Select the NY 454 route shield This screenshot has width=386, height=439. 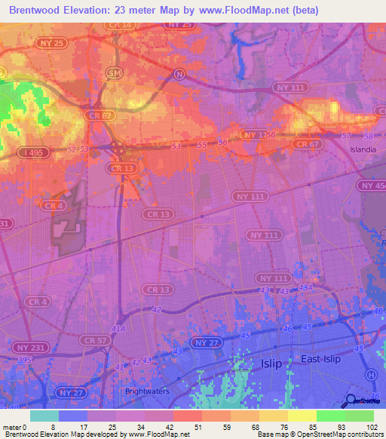pyautogui.click(x=372, y=185)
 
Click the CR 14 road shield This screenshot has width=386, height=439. pyautogui.click(x=121, y=25)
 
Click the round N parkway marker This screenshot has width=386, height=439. pyautogui.click(x=179, y=73)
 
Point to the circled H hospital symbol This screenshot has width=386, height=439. pyautogui.click(x=370, y=375)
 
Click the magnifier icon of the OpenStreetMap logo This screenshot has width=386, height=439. pyautogui.click(x=351, y=404)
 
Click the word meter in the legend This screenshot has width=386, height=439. pyautogui.click(x=11, y=427)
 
